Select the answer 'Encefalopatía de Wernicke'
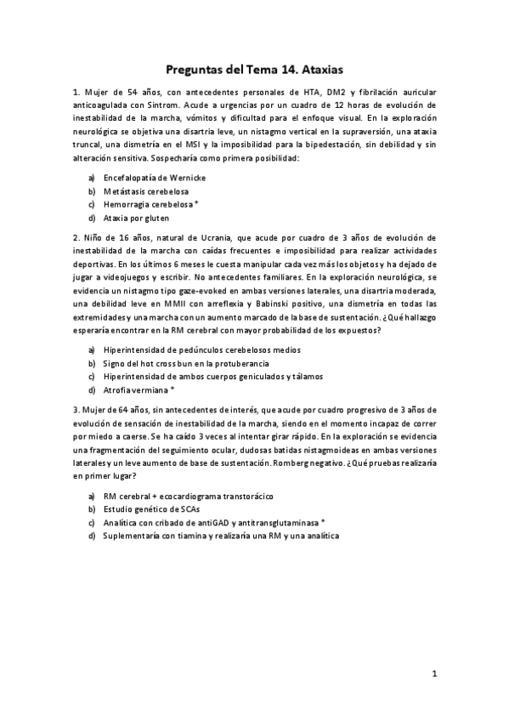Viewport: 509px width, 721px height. (x=155, y=178)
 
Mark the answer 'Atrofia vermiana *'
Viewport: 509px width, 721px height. (x=139, y=389)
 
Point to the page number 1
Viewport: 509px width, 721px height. (x=433, y=674)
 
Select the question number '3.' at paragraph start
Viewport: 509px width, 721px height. (x=76, y=410)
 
